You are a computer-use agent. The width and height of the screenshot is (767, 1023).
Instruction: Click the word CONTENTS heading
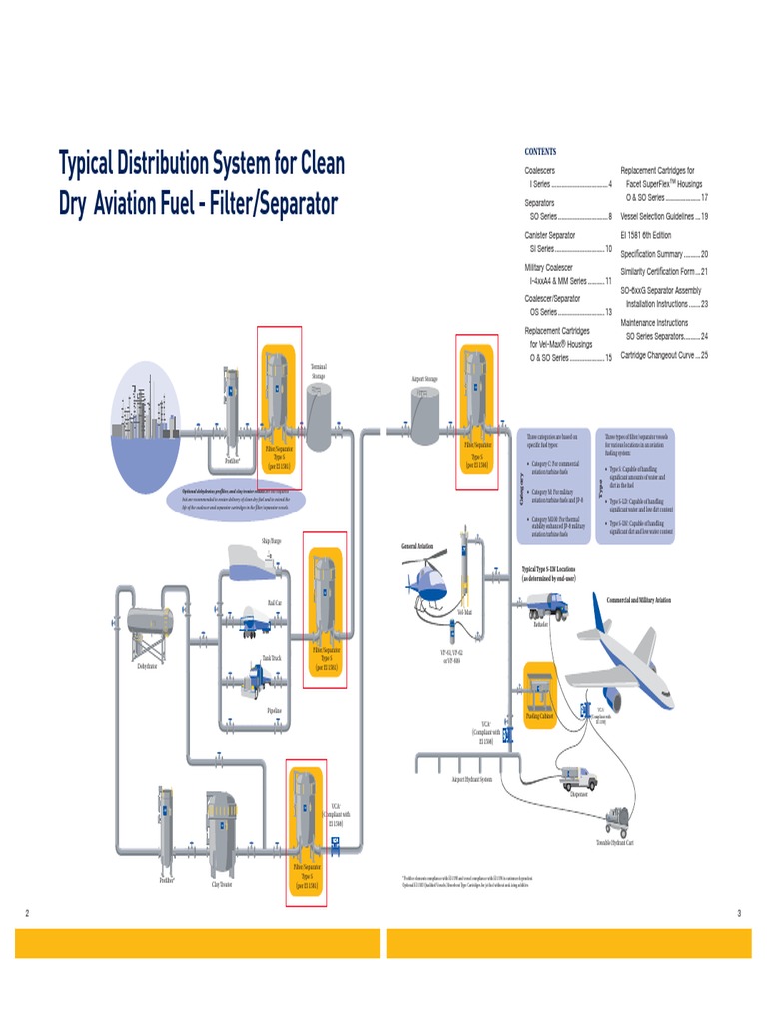click(540, 151)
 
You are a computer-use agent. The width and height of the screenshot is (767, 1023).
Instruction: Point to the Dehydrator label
click(148, 665)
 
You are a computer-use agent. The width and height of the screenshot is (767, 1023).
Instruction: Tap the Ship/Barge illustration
click(255, 563)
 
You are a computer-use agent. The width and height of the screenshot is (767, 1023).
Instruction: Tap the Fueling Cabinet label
click(539, 716)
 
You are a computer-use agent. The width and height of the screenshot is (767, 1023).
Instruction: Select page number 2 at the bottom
click(27, 913)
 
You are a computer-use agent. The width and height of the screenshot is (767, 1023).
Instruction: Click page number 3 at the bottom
click(739, 913)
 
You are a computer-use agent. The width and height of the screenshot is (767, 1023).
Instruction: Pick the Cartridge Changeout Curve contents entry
click(664, 355)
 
